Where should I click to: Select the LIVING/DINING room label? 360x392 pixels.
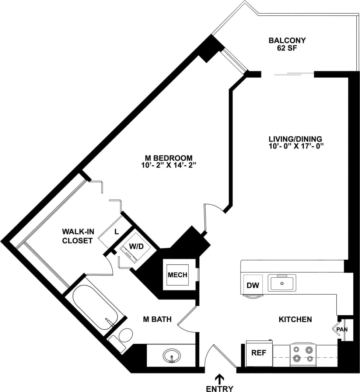[295, 139]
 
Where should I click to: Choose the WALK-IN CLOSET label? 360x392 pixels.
[77, 236]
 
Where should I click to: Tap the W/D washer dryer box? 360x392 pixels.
[136, 246]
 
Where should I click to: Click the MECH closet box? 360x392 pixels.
[178, 275]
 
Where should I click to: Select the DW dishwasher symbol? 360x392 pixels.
[252, 285]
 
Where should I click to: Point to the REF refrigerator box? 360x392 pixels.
[259, 353]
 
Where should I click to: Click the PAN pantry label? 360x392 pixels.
[342, 329]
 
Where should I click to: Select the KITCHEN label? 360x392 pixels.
[296, 319]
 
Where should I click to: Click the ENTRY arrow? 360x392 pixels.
[220, 379]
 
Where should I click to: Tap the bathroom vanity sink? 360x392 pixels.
[171, 356]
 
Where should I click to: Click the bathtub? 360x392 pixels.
[95, 308]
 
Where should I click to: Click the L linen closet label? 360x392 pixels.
[116, 232]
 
